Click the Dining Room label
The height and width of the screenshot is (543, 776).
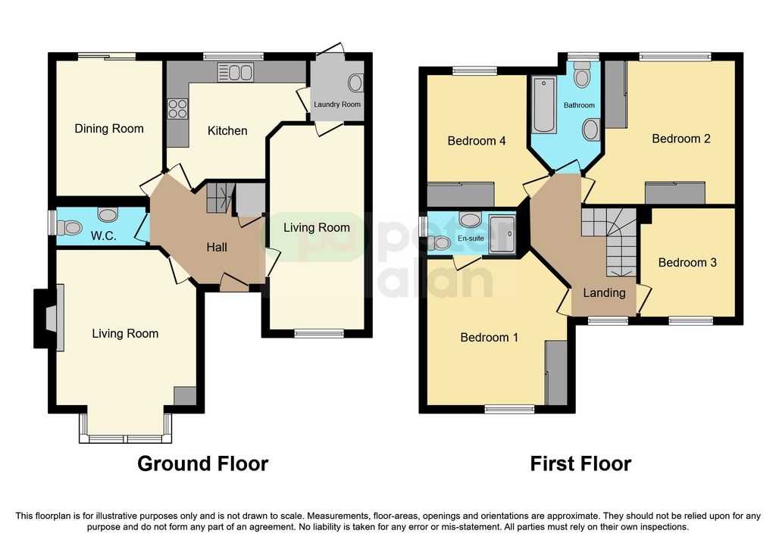tap(109, 129)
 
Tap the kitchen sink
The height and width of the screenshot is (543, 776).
tap(236, 72)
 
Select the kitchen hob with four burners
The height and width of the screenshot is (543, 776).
tap(177, 109)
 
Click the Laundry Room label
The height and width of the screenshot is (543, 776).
tap(337, 105)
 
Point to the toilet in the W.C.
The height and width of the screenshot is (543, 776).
tap(69, 228)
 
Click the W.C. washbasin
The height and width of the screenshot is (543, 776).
tap(108, 214)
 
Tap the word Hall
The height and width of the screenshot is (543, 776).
tap(217, 248)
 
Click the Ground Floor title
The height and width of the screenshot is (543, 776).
tap(203, 464)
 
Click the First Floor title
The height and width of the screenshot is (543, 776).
tap(580, 464)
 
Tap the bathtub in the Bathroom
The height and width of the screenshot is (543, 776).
tap(544, 105)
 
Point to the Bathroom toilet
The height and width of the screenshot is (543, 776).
tap(583, 75)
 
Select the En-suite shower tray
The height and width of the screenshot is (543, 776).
tap(502, 235)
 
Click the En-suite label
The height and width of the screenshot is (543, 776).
tap(471, 239)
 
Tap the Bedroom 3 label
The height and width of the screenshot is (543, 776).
tap(687, 263)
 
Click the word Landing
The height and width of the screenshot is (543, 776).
tap(604, 293)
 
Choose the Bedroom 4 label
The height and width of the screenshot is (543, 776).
tap(477, 141)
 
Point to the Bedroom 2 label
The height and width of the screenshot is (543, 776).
tap(681, 139)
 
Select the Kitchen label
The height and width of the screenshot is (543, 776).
tap(227, 131)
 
